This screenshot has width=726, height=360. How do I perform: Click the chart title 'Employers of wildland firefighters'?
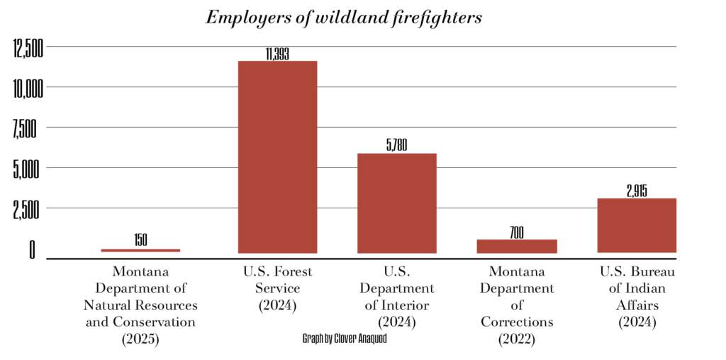tap(343, 18)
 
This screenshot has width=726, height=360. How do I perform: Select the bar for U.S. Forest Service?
tap(277, 157)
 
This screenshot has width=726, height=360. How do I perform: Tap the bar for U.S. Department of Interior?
tap(396, 203)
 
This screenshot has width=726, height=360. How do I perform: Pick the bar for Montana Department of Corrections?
tap(516, 246)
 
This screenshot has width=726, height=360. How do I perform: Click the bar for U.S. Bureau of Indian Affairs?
tap(637, 225)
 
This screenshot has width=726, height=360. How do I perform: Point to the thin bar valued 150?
tap(140, 250)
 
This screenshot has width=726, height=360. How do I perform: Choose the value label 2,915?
tap(637, 191)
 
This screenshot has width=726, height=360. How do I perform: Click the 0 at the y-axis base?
tap(31, 250)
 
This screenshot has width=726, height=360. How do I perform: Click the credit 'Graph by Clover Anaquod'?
tap(345, 339)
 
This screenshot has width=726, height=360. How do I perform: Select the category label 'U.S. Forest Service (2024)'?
tap(277, 288)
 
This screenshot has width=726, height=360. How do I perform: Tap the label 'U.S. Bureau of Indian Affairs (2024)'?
tap(637, 297)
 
